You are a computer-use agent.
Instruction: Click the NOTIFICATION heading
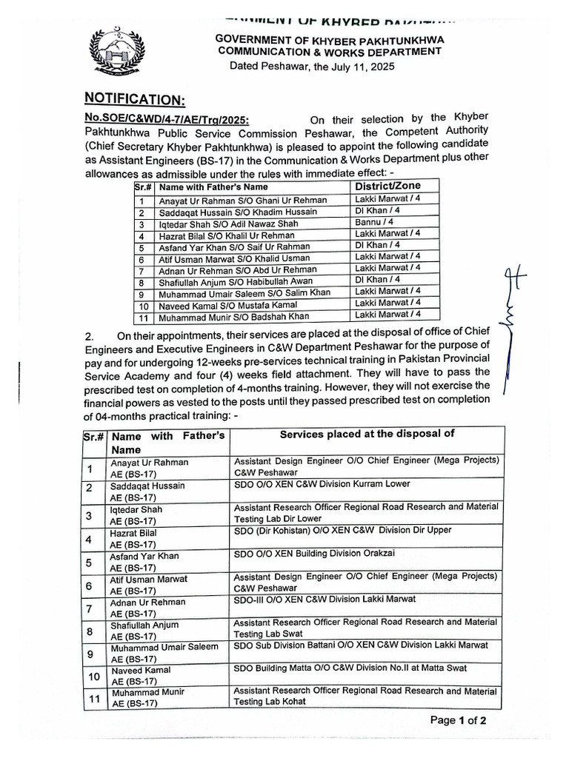point(134,98)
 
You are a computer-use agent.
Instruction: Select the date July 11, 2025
point(353,66)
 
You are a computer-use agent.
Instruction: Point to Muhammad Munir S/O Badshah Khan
point(233,317)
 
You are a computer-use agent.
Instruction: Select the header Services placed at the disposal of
point(367,434)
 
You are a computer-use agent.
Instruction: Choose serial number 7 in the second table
point(89,608)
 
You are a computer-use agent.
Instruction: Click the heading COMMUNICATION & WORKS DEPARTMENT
point(329,51)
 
